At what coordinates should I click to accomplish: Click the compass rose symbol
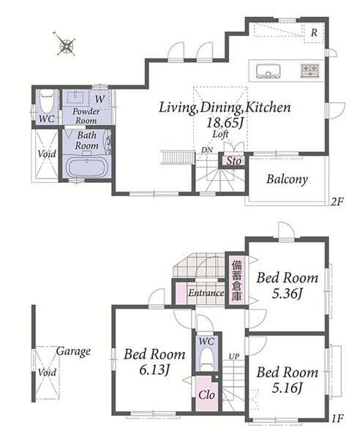tap(66, 45)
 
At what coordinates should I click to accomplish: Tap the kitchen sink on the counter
tap(269, 71)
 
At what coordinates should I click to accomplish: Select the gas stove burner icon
tap(310, 70)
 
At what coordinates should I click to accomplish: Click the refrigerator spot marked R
tap(314, 32)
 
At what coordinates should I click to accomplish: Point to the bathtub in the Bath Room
tap(86, 168)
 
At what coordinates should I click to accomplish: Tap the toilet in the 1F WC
tap(207, 359)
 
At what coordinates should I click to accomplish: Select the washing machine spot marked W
tap(100, 99)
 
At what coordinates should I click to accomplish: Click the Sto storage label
tap(233, 161)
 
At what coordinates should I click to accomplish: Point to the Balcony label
tap(288, 179)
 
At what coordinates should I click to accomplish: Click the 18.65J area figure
tap(224, 122)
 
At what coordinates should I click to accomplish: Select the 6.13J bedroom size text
tap(154, 370)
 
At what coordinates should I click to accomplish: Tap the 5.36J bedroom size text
tap(288, 294)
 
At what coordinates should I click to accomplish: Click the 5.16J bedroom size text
tap(288, 388)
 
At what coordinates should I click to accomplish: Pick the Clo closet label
tap(206, 395)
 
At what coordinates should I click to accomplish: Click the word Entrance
tap(206, 293)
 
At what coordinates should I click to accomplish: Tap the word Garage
tap(73, 351)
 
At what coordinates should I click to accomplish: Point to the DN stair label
tap(207, 150)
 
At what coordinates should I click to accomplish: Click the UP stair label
tap(234, 356)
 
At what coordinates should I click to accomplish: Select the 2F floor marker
tap(337, 202)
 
